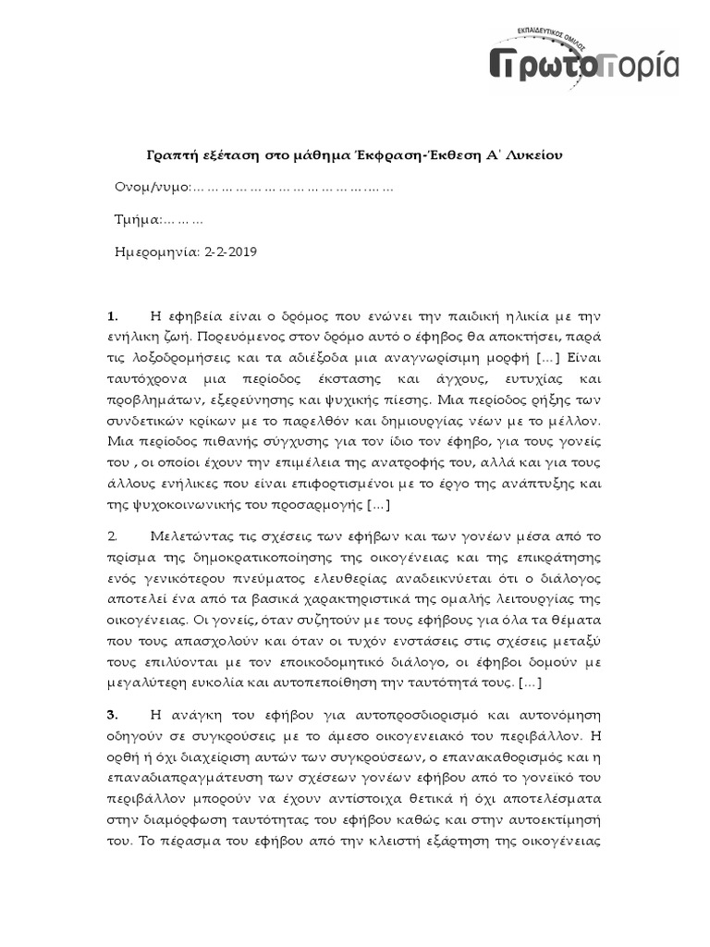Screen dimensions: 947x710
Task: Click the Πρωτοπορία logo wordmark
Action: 583,66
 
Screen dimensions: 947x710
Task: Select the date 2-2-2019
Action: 231,251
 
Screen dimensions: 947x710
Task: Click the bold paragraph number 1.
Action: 114,316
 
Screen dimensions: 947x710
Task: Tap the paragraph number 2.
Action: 114,535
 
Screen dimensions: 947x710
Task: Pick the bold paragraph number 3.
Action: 114,715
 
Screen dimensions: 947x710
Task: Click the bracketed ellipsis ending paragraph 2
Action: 531,683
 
